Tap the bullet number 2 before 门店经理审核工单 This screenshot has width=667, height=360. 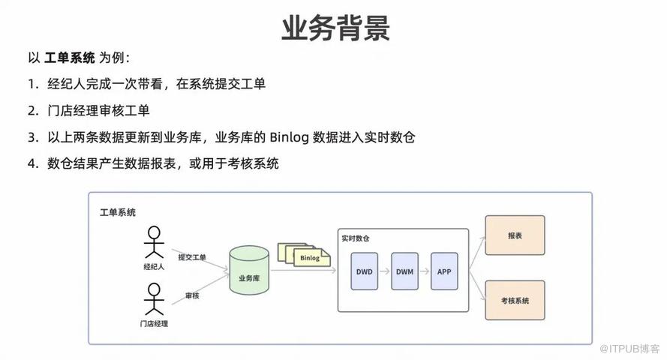pos(32,111)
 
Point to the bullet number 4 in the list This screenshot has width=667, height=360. pos(32,163)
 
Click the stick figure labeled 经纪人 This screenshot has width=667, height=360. pos(154,242)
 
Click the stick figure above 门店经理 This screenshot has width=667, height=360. pos(154,298)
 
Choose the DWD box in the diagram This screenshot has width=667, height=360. pos(365,271)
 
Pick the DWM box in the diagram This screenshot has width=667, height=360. pos(405,271)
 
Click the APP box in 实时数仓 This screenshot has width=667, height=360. pos(444,271)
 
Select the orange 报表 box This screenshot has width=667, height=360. pos(515,235)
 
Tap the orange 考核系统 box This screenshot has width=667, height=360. pos(515,300)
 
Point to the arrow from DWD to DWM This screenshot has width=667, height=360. pos(386,271)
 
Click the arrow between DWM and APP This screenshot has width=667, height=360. pos(425,271)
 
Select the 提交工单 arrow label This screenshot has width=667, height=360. pos(192,257)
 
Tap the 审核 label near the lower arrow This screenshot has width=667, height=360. pos(192,295)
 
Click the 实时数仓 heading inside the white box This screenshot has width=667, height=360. pos(355,238)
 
